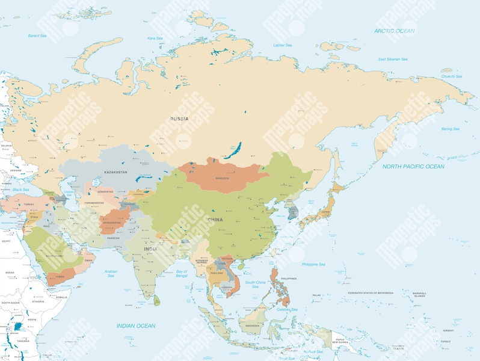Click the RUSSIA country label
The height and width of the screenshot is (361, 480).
179,119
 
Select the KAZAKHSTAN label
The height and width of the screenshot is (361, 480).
115,172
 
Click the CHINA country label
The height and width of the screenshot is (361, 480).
215,220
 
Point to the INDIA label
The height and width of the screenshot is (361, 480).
150,248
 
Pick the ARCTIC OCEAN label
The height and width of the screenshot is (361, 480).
394,31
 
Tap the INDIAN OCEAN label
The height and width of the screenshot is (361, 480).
135,326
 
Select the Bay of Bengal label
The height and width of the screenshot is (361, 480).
182,274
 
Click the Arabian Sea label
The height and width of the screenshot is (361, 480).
111,273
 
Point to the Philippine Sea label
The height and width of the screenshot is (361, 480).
313,264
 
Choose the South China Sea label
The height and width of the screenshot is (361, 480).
255,284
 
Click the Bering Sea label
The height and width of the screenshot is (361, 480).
450,129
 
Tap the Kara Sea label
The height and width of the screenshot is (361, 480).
155,38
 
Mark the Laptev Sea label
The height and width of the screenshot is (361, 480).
282,45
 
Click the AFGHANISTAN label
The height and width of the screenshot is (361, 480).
111,223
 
